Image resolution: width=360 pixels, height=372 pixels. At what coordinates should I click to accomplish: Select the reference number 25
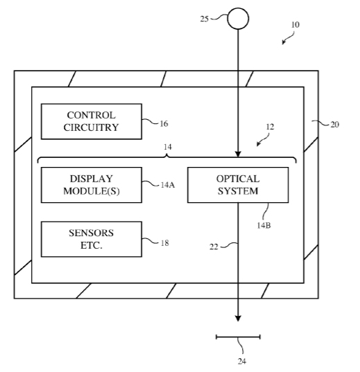[x=204, y=19]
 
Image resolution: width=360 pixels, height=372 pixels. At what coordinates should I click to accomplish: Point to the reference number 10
[x=295, y=25]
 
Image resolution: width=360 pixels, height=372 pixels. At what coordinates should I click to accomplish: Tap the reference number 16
[x=164, y=123]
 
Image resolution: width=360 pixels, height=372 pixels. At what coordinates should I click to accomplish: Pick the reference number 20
[x=334, y=125]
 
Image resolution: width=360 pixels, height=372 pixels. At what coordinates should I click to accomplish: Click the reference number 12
[x=270, y=127]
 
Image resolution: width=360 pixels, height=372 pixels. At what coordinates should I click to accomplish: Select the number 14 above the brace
[x=168, y=147]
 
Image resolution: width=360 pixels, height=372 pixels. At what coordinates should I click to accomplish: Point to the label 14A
[x=168, y=185]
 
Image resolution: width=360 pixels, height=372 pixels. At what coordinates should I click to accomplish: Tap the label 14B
[x=264, y=225]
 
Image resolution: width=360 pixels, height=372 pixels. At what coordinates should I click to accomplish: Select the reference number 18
[x=164, y=243]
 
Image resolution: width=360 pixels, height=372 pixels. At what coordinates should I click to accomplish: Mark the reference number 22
[x=214, y=247]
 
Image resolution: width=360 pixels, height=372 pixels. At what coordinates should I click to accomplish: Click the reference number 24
[x=241, y=362]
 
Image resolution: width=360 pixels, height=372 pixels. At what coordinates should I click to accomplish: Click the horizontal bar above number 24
[x=238, y=337]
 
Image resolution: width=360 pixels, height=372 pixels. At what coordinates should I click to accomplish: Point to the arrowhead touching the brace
[x=238, y=154]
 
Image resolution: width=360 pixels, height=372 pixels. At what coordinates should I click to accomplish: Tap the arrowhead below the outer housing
[x=238, y=319]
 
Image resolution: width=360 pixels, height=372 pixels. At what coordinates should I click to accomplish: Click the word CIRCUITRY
[x=91, y=127]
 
